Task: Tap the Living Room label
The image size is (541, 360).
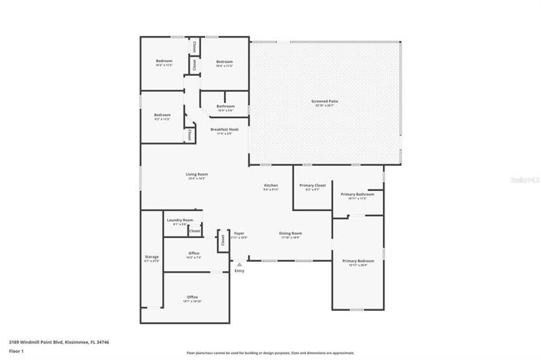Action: coord(196,174)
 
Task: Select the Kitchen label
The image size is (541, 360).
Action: coord(271,185)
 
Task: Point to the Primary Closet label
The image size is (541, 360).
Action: coord(312,185)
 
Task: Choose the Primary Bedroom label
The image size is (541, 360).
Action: coord(358,261)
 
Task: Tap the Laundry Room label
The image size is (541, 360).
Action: coord(180,220)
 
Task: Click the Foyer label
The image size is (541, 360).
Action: coord(239,233)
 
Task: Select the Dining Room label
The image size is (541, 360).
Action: coord(290,233)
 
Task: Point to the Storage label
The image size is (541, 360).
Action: coord(152,256)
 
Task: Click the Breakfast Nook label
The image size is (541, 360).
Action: coord(224,129)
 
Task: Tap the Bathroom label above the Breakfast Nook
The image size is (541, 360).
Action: coord(226,106)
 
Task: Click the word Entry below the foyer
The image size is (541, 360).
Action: coord(239,270)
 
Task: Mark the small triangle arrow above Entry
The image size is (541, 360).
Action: coord(239,264)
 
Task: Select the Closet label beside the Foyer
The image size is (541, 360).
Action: coord(223,239)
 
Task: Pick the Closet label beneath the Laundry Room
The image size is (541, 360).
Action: coord(195,230)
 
